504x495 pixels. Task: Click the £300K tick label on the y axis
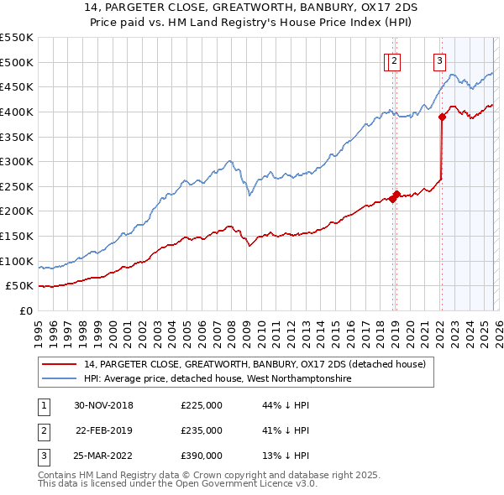pyautogui.click(x=17, y=161)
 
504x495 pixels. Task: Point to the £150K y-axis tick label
pyautogui.click(x=17, y=236)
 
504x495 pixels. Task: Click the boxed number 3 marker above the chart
pyautogui.click(x=439, y=60)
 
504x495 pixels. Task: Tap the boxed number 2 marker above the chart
pyautogui.click(x=395, y=60)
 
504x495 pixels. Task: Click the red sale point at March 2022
pyautogui.click(x=442, y=117)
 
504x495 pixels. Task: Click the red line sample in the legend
pyautogui.click(x=60, y=364)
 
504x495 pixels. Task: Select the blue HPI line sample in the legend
pyautogui.click(x=60, y=379)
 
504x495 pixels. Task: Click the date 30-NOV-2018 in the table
pyautogui.click(x=104, y=405)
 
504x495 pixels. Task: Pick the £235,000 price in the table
pyautogui.click(x=202, y=430)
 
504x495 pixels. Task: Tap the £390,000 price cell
pyautogui.click(x=202, y=456)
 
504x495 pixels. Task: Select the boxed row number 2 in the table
pyautogui.click(x=43, y=430)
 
